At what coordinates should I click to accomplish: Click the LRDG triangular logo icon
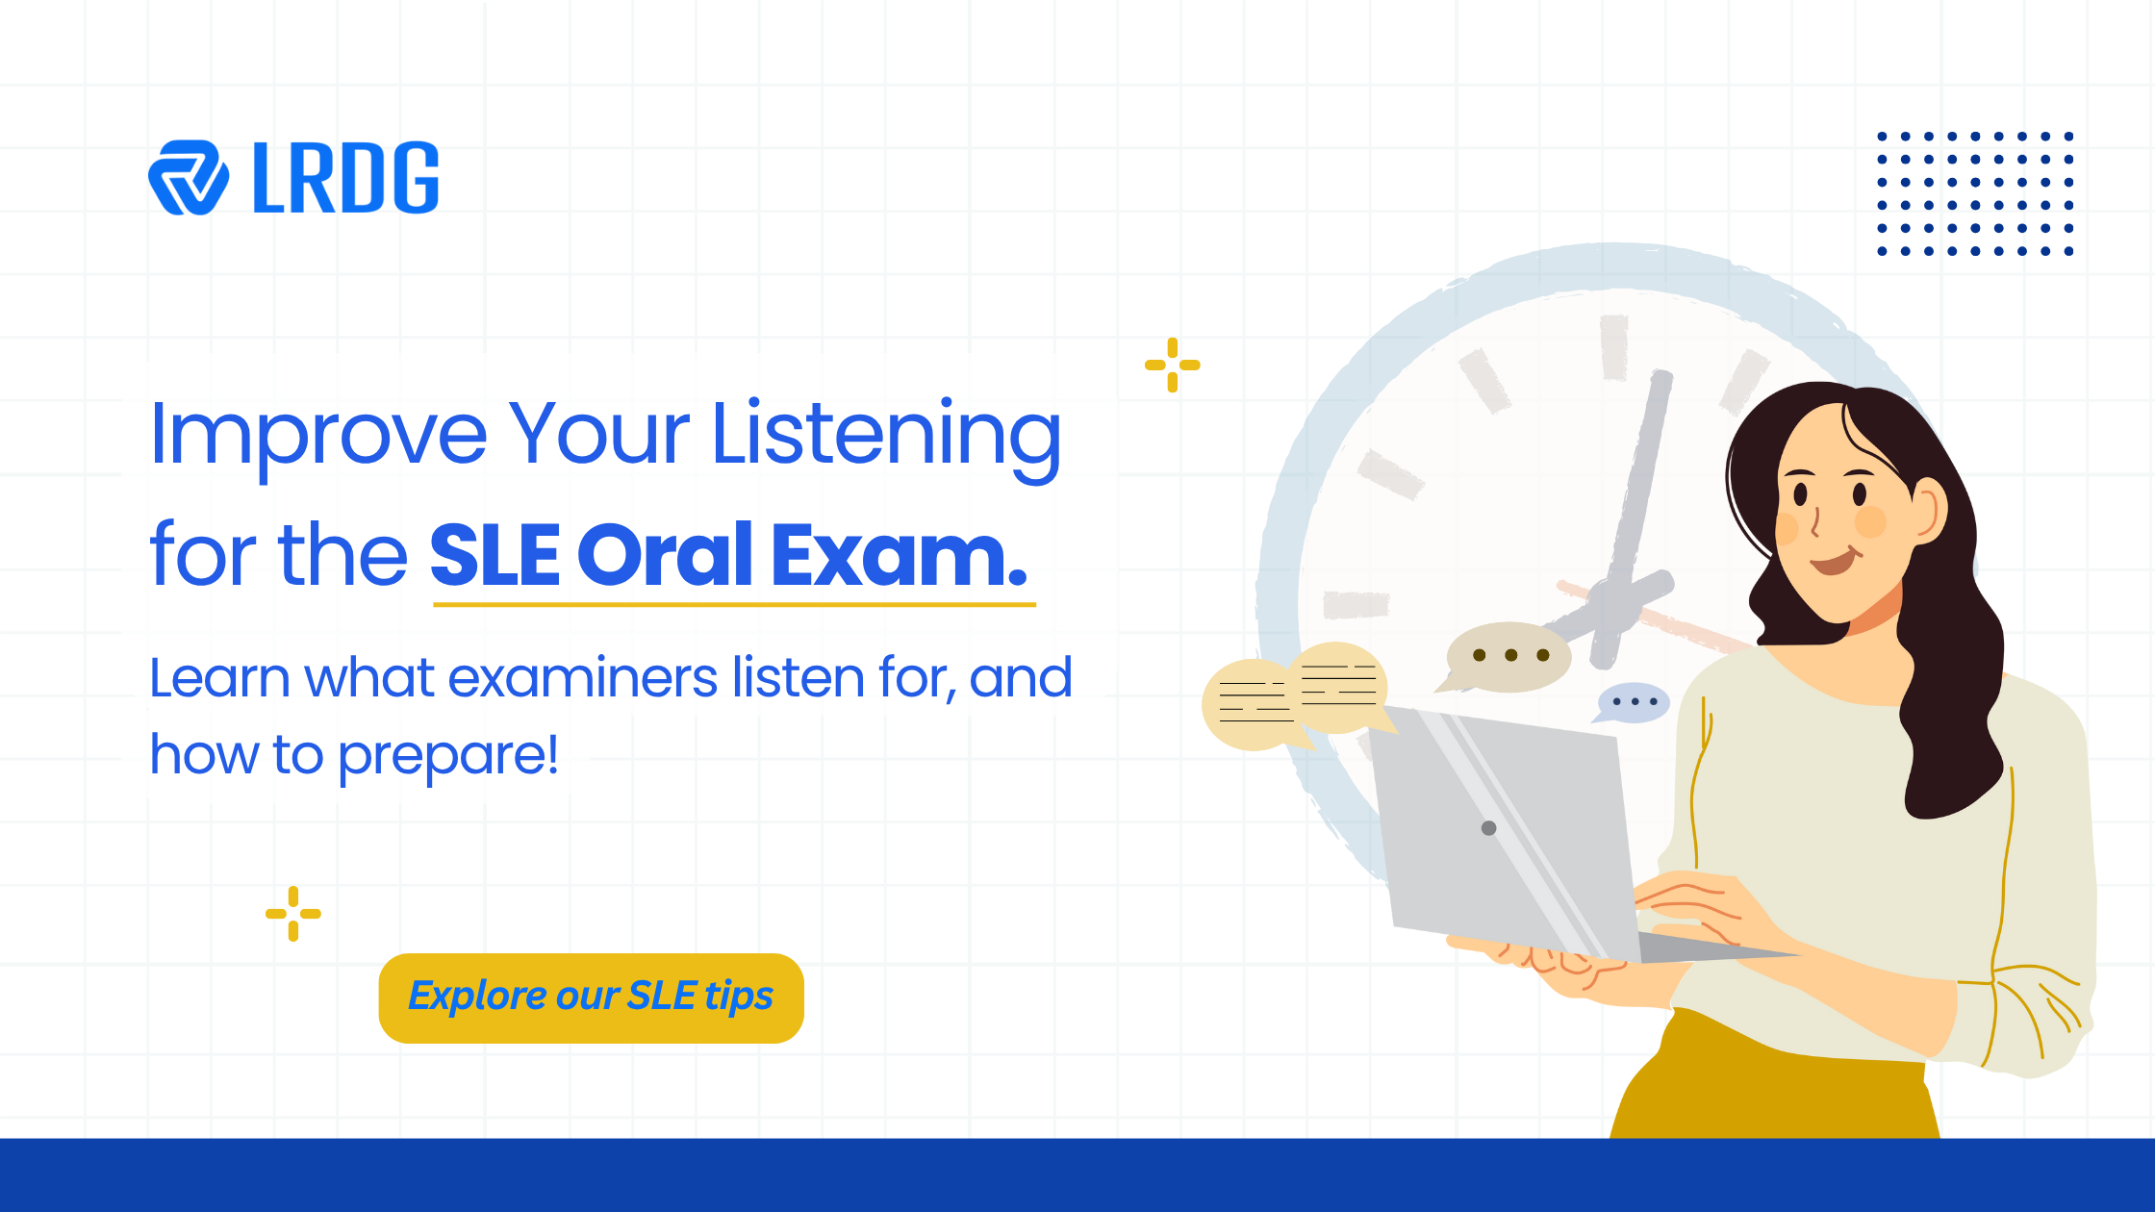(189, 178)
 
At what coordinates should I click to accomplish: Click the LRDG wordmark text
(345, 178)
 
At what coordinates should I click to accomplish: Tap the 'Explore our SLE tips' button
(591, 997)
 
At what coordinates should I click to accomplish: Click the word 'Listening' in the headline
(885, 436)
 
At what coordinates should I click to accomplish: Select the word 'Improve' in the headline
(318, 436)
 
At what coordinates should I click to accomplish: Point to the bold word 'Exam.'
(899, 555)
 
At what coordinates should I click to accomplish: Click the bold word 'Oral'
(665, 555)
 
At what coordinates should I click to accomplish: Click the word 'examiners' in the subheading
(583, 678)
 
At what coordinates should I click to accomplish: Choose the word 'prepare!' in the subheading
(448, 756)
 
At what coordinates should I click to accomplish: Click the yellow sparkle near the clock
(1172, 366)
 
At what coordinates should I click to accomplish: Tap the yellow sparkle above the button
(293, 914)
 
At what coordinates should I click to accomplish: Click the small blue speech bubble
(1633, 702)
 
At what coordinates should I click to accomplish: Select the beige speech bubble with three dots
(1508, 656)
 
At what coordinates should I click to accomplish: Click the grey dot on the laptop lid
(1488, 828)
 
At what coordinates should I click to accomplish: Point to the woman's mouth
(1834, 561)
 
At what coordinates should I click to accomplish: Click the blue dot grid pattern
(1975, 194)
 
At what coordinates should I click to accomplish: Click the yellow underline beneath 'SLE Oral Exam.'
(734, 605)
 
